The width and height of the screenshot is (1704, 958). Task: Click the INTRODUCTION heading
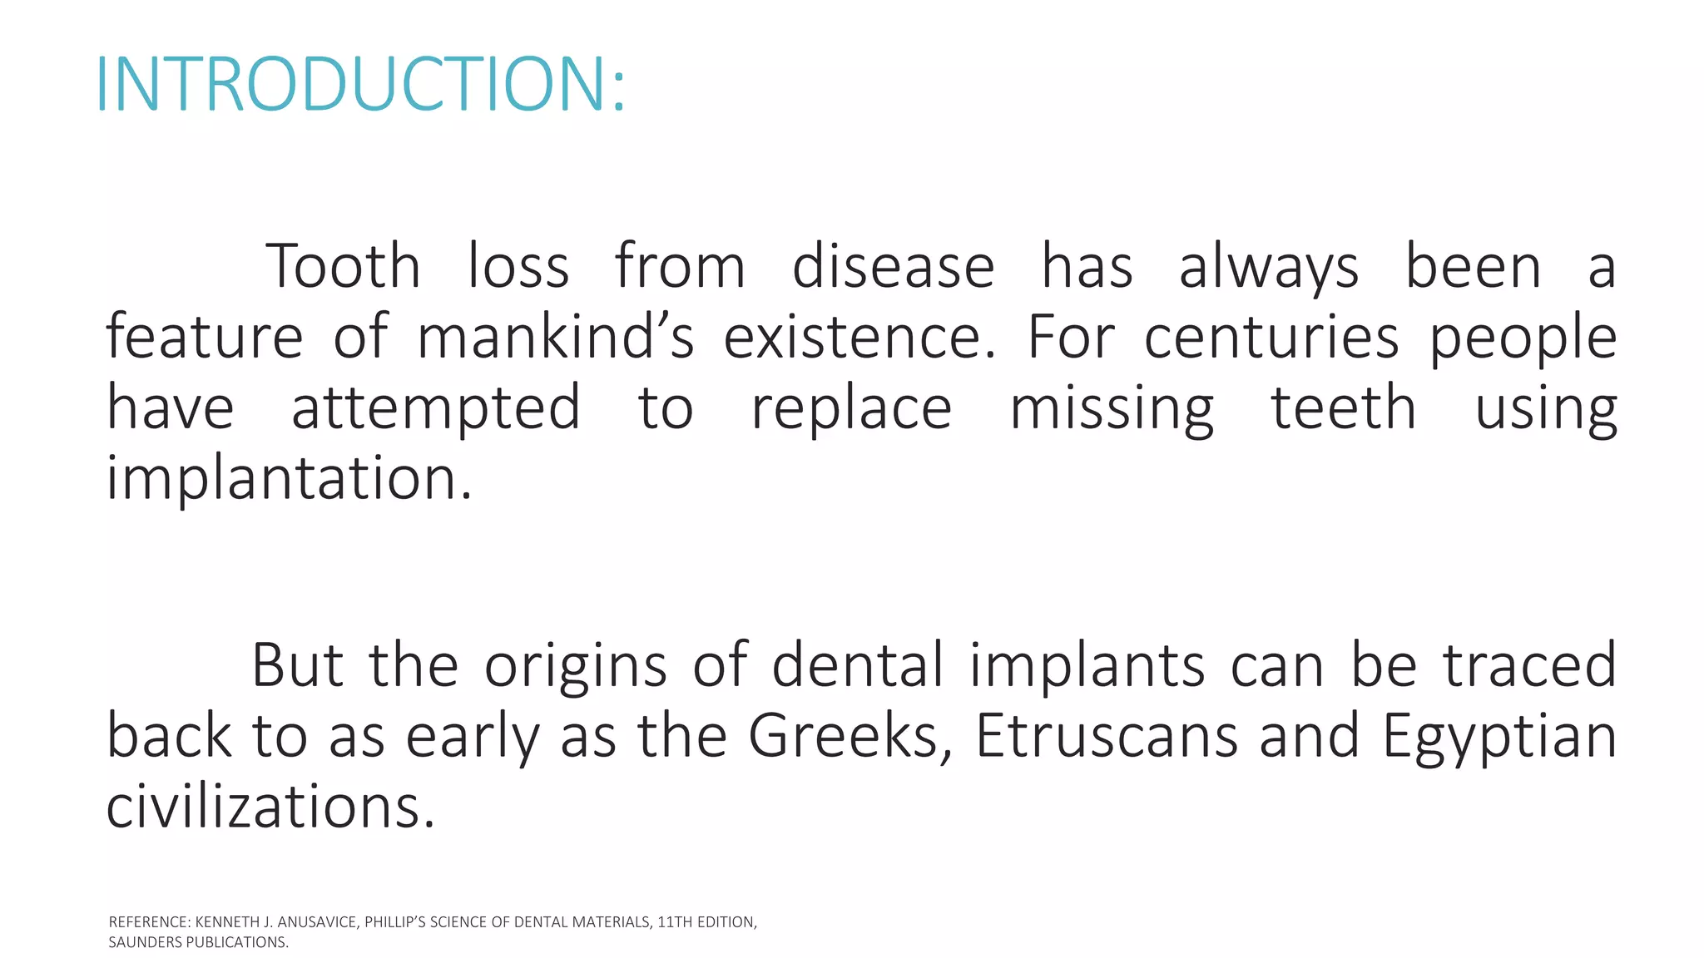(360, 83)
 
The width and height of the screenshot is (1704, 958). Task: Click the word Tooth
(343, 267)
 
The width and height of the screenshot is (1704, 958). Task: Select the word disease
(893, 267)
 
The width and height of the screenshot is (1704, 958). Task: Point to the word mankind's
(555, 337)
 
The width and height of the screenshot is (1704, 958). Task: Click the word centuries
(1271, 337)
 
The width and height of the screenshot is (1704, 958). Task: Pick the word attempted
(436, 408)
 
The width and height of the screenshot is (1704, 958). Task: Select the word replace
(851, 408)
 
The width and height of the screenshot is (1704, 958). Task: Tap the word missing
(1112, 408)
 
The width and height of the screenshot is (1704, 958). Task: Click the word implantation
(289, 479)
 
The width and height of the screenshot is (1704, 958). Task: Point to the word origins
(576, 665)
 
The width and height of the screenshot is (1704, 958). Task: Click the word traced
(1529, 665)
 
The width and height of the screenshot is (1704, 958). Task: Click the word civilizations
(270, 807)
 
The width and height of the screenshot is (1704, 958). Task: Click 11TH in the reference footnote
(674, 922)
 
